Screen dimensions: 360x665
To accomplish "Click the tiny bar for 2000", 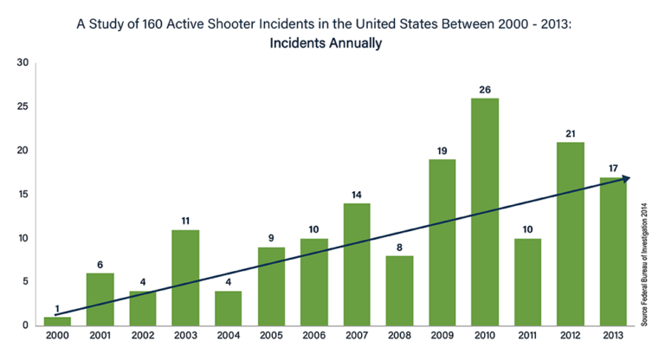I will pos(56,321).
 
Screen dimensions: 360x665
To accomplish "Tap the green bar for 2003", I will pos(184,278).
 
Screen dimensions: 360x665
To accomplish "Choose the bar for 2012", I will pos(570,234).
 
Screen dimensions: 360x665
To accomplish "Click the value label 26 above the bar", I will pos(484,89).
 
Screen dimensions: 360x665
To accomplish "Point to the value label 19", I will pos(442,151).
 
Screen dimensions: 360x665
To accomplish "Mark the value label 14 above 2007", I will pos(356,194).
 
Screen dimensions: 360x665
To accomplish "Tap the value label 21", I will pos(570,133).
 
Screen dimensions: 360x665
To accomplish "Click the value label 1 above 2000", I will pos(56,308).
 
